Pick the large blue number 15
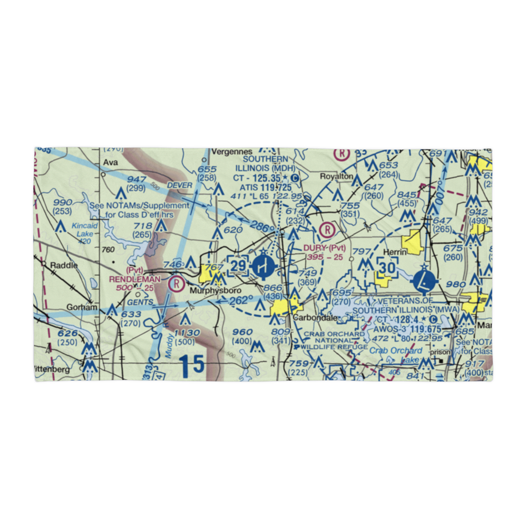tap(190, 366)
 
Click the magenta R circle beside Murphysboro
tap(175, 284)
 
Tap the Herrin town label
tap(395, 252)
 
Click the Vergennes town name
tap(229, 151)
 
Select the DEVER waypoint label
tap(178, 185)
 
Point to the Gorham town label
tap(82, 307)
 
